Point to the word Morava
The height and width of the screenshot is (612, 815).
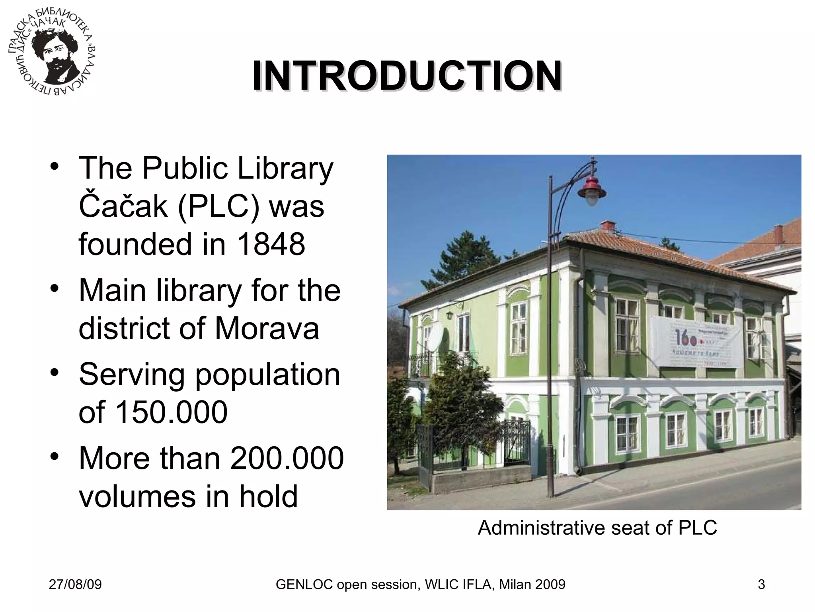(267, 328)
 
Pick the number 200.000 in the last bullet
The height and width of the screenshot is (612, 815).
(287, 458)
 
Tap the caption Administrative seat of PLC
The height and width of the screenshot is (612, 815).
(597, 528)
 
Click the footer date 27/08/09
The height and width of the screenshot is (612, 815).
(75, 585)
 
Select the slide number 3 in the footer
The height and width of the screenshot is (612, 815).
(761, 585)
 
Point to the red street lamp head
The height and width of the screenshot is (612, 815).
(592, 191)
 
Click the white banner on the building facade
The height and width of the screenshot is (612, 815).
(697, 342)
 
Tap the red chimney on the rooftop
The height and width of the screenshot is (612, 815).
(608, 227)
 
